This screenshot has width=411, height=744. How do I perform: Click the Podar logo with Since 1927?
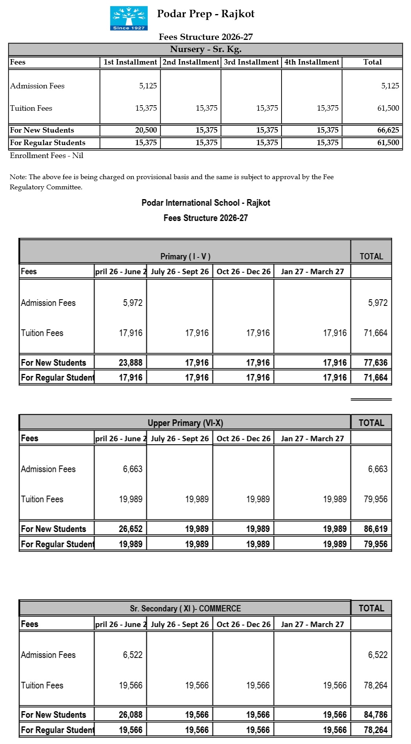point(129,18)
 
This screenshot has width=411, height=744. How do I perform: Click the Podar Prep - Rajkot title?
point(206,14)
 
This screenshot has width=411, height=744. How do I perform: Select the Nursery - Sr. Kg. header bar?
point(206,49)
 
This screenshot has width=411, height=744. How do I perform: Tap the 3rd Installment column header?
point(251,62)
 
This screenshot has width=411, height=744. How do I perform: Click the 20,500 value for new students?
point(146,130)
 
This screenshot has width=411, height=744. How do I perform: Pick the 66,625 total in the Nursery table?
point(388,130)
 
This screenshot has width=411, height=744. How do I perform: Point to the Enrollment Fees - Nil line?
point(47,156)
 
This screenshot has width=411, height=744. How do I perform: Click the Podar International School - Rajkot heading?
point(206,203)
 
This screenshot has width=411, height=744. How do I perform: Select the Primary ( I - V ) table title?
point(185,257)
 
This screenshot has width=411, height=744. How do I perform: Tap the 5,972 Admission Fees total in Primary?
point(377,303)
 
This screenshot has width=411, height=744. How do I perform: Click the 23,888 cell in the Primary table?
point(131,363)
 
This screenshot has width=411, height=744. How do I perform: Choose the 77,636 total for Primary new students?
point(375,363)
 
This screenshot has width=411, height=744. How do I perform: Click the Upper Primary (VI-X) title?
point(185,423)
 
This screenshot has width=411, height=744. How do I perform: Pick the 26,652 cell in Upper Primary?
point(131,529)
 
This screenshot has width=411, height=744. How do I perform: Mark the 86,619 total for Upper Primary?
point(375,529)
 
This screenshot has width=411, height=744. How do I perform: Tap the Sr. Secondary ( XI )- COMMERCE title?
point(185,609)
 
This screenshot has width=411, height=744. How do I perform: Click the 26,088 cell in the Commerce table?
point(131,715)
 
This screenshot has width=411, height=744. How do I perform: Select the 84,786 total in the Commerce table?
point(375,715)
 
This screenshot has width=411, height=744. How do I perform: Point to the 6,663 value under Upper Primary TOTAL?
point(377,469)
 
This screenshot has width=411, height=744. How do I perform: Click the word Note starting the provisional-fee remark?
point(18,177)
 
